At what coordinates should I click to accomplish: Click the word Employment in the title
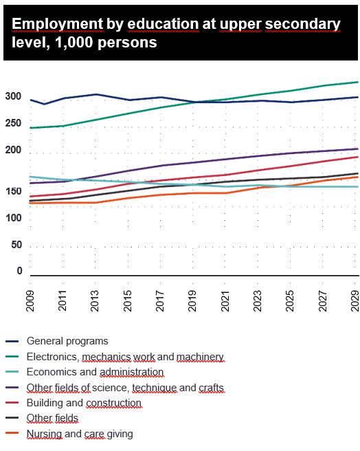(x=58, y=25)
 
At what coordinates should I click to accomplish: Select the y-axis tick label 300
(x=13, y=96)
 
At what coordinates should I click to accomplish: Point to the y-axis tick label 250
(x=13, y=123)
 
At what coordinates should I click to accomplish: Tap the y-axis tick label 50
(x=16, y=245)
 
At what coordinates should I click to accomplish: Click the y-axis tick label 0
(x=19, y=271)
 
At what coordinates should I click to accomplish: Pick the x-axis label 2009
(x=30, y=301)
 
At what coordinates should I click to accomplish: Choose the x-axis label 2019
(x=192, y=301)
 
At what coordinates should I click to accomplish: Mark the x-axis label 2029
(x=355, y=301)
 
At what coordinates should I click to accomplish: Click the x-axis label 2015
(x=127, y=301)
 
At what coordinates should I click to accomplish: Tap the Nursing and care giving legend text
(x=80, y=434)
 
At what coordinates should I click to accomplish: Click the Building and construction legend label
(x=84, y=403)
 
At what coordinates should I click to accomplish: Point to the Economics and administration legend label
(x=95, y=372)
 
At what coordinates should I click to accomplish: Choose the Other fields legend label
(x=52, y=418)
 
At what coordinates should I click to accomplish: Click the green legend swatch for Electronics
(x=12, y=357)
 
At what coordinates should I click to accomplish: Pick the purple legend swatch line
(x=12, y=388)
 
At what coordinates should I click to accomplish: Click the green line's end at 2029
(x=358, y=82)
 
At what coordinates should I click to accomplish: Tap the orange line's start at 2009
(x=30, y=203)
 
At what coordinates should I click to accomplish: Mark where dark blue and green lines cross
(x=199, y=102)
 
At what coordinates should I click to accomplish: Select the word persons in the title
(x=127, y=43)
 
